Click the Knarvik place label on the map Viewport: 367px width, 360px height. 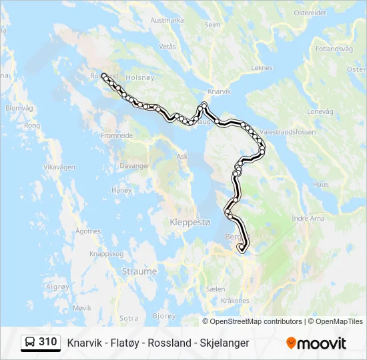pos(219,91)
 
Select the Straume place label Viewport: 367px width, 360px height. pos(139,271)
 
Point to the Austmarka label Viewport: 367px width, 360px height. pos(167,20)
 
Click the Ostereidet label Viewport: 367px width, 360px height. pos(310,13)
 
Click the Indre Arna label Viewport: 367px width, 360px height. pos(308,218)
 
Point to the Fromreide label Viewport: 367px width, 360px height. pos(116,135)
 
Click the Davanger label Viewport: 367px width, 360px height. pos(135,165)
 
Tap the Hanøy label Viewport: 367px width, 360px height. pos(122,190)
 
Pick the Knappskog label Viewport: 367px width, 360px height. pos(107,254)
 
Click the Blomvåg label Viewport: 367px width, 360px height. pos(18,107)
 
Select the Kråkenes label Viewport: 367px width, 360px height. pos(235,301)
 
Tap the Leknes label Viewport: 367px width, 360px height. pos(262,68)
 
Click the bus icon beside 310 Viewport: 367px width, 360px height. pos(30,342)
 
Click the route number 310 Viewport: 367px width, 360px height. pos(48,342)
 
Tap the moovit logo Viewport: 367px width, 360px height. pos(316,343)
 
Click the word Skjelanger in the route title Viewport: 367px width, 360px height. pos(224,343)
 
